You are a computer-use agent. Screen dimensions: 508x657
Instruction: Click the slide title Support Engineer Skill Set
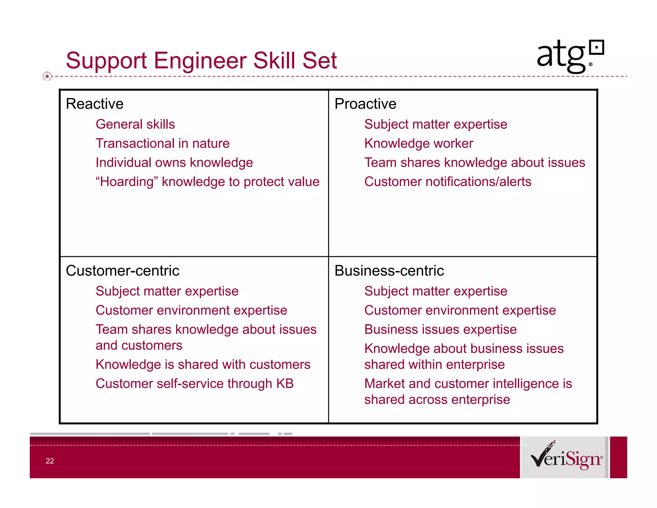click(201, 60)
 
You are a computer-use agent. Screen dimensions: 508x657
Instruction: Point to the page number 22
click(50, 461)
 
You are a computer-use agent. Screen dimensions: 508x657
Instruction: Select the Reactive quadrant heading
click(95, 104)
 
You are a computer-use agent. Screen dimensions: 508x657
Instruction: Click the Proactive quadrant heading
click(365, 104)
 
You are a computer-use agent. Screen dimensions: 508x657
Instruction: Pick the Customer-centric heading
click(122, 271)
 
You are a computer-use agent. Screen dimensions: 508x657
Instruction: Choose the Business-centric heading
click(389, 271)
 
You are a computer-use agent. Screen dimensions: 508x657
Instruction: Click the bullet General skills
click(135, 124)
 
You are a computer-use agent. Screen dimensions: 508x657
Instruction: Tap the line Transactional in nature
click(163, 144)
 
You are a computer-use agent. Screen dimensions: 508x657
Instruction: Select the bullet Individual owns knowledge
click(174, 163)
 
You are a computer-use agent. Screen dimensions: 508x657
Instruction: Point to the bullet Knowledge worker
click(419, 144)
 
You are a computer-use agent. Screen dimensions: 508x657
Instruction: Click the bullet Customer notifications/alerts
click(448, 182)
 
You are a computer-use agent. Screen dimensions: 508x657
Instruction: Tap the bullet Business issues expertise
click(440, 329)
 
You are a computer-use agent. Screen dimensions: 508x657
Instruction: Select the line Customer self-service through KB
click(195, 384)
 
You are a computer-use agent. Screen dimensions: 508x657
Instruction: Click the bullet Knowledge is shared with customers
click(203, 364)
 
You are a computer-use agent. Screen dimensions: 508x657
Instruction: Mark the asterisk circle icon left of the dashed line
click(47, 76)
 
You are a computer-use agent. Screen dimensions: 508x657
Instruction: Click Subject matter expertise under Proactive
click(436, 124)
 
